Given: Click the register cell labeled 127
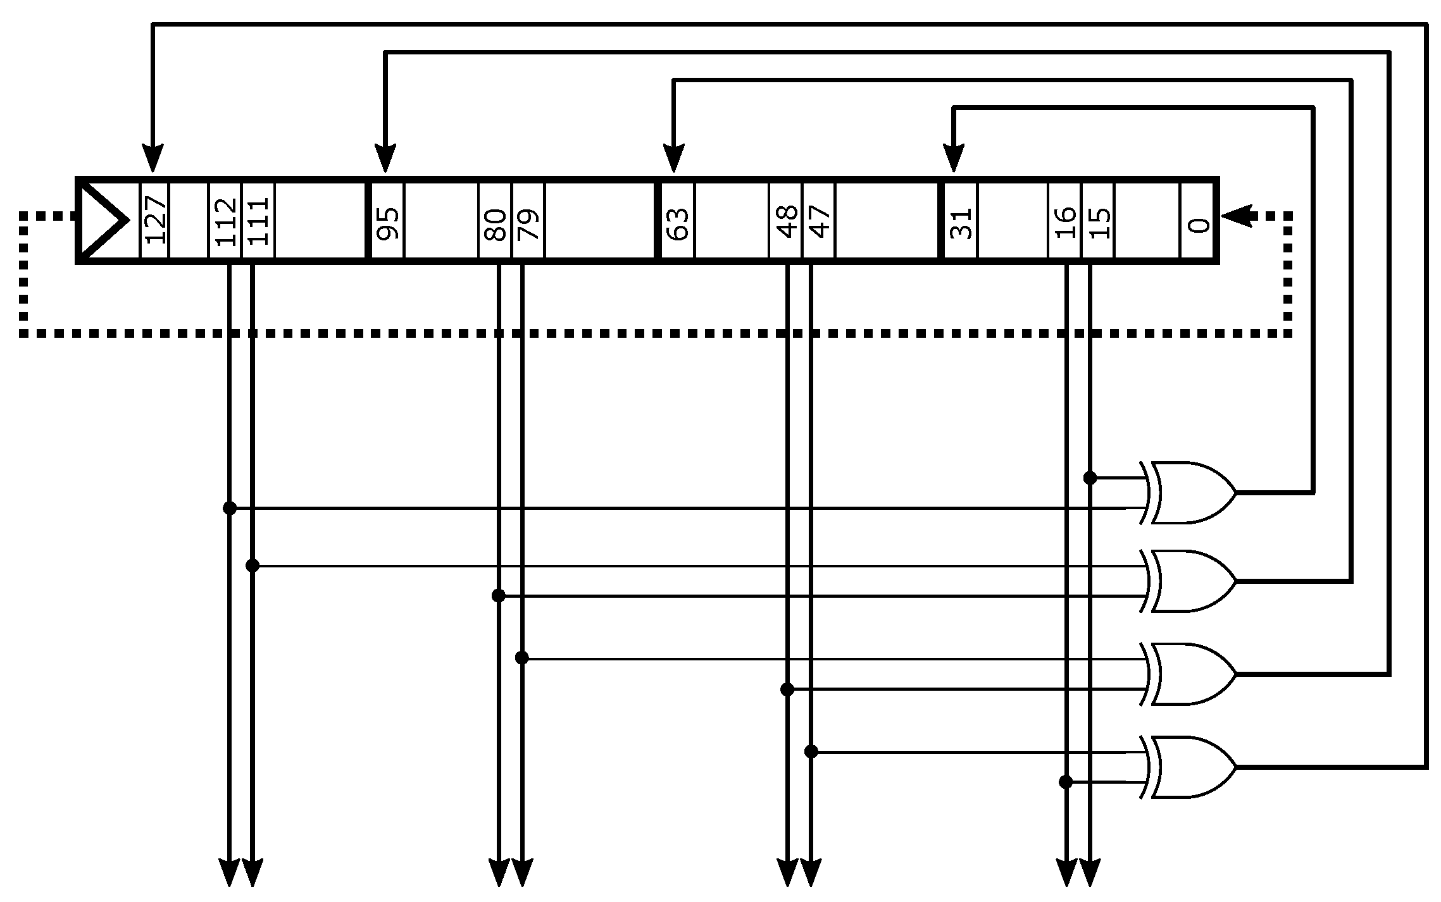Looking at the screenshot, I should coord(154,220).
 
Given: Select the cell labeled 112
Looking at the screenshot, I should coord(225,220).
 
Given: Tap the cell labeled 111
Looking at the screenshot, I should coord(258,220).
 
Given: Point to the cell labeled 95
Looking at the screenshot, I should coord(387,220).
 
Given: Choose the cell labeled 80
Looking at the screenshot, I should coord(496,220).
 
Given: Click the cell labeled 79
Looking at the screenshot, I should coord(528,220).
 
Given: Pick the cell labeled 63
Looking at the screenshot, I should coord(677,220).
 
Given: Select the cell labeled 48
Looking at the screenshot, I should coord(786,220).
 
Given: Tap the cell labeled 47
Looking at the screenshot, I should coord(819,220).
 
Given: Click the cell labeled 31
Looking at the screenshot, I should coord(961,220).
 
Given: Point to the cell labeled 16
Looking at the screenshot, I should coord(1065,220).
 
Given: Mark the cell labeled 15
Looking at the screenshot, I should coord(1099,220).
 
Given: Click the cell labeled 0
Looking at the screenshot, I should coord(1197,220).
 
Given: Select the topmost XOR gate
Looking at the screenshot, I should coord(1190,493).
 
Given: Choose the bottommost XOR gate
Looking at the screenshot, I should coord(1190,767).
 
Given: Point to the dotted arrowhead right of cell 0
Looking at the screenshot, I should coord(1237,216).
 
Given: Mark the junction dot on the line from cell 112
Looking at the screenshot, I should coord(230,508).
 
